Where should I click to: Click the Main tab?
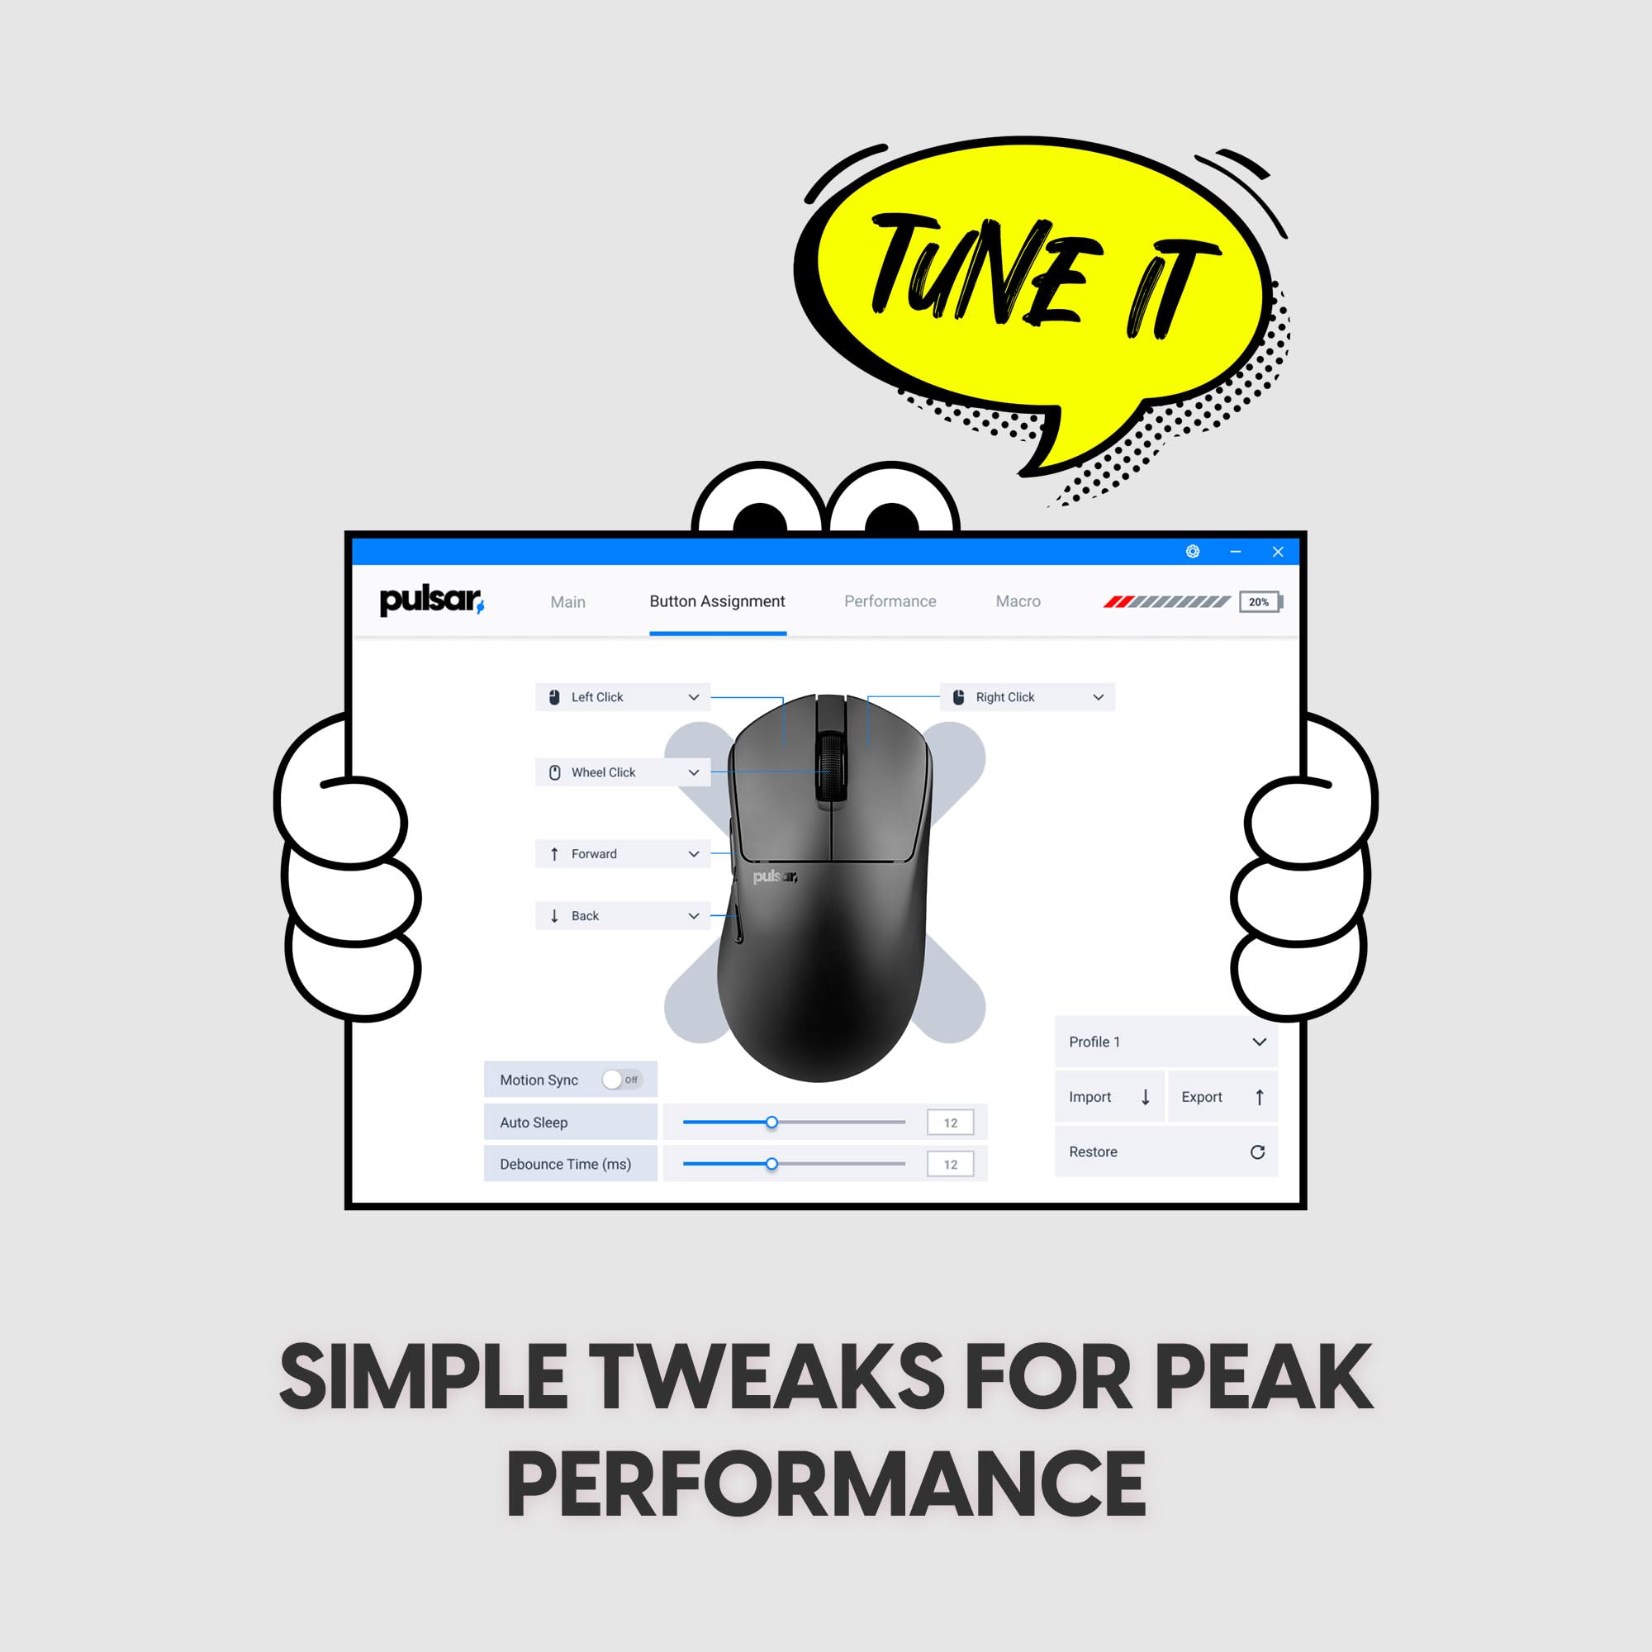(567, 602)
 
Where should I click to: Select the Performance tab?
(890, 601)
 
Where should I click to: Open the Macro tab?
(1018, 601)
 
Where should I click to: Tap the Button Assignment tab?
(718, 601)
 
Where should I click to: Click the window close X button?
(1278, 552)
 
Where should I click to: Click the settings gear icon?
(1193, 552)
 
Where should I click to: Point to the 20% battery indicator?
(1260, 602)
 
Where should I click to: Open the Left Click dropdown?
(623, 697)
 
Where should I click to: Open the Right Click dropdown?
(1027, 697)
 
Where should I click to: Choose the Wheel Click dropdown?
(623, 772)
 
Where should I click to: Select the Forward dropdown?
(623, 853)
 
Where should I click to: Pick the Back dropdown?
(623, 916)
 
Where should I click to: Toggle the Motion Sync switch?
(622, 1079)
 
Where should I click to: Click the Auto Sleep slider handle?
(771, 1122)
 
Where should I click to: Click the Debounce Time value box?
(950, 1164)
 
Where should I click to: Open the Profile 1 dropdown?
(1166, 1042)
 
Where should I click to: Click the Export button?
(1222, 1097)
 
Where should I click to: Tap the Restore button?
(1166, 1151)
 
